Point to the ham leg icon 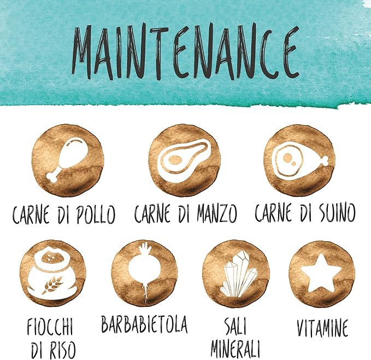click(298, 159)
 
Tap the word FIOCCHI click(50, 328)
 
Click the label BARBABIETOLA click(144, 324)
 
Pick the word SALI click(235, 327)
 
